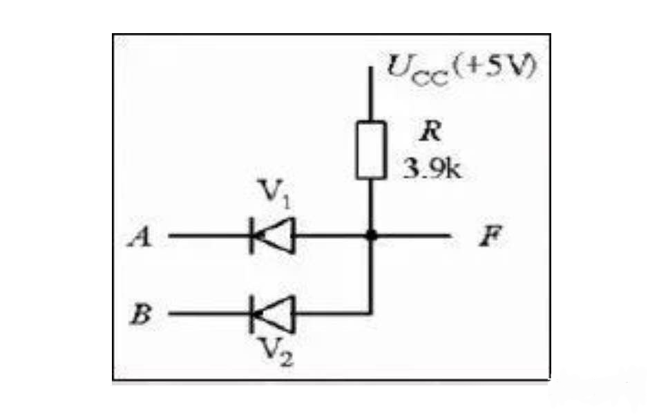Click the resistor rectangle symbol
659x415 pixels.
(371, 149)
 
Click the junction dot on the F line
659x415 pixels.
(371, 235)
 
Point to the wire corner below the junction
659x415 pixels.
(371, 313)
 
